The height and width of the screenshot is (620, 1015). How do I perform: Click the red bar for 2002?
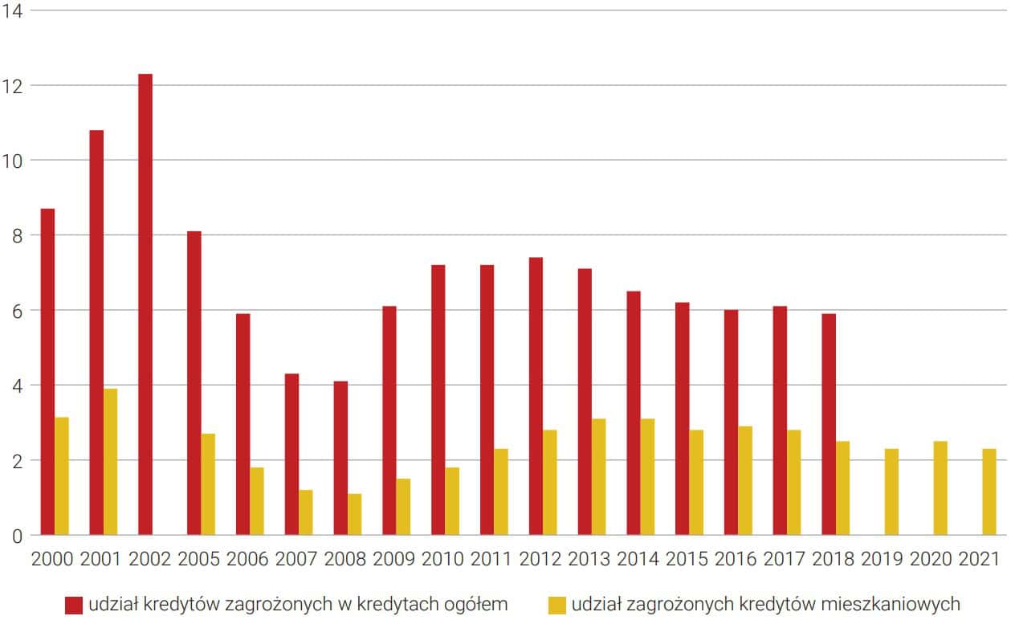[x=145, y=304]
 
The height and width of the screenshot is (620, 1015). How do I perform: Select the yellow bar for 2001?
[x=110, y=462]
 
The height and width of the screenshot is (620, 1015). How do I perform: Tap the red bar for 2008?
[x=340, y=458]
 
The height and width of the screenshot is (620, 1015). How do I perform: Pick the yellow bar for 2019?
[x=891, y=492]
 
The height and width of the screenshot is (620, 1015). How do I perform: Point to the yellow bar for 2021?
[x=989, y=492]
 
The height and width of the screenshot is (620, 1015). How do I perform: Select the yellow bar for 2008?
[x=354, y=514]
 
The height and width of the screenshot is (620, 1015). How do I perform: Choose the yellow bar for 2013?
[x=599, y=477]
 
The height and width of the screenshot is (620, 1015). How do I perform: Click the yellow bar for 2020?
[x=940, y=487]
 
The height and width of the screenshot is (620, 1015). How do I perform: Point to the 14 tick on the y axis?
[x=14, y=11]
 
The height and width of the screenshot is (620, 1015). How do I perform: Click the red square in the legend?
[x=75, y=604]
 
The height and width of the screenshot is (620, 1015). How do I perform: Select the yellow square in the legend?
[x=556, y=604]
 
